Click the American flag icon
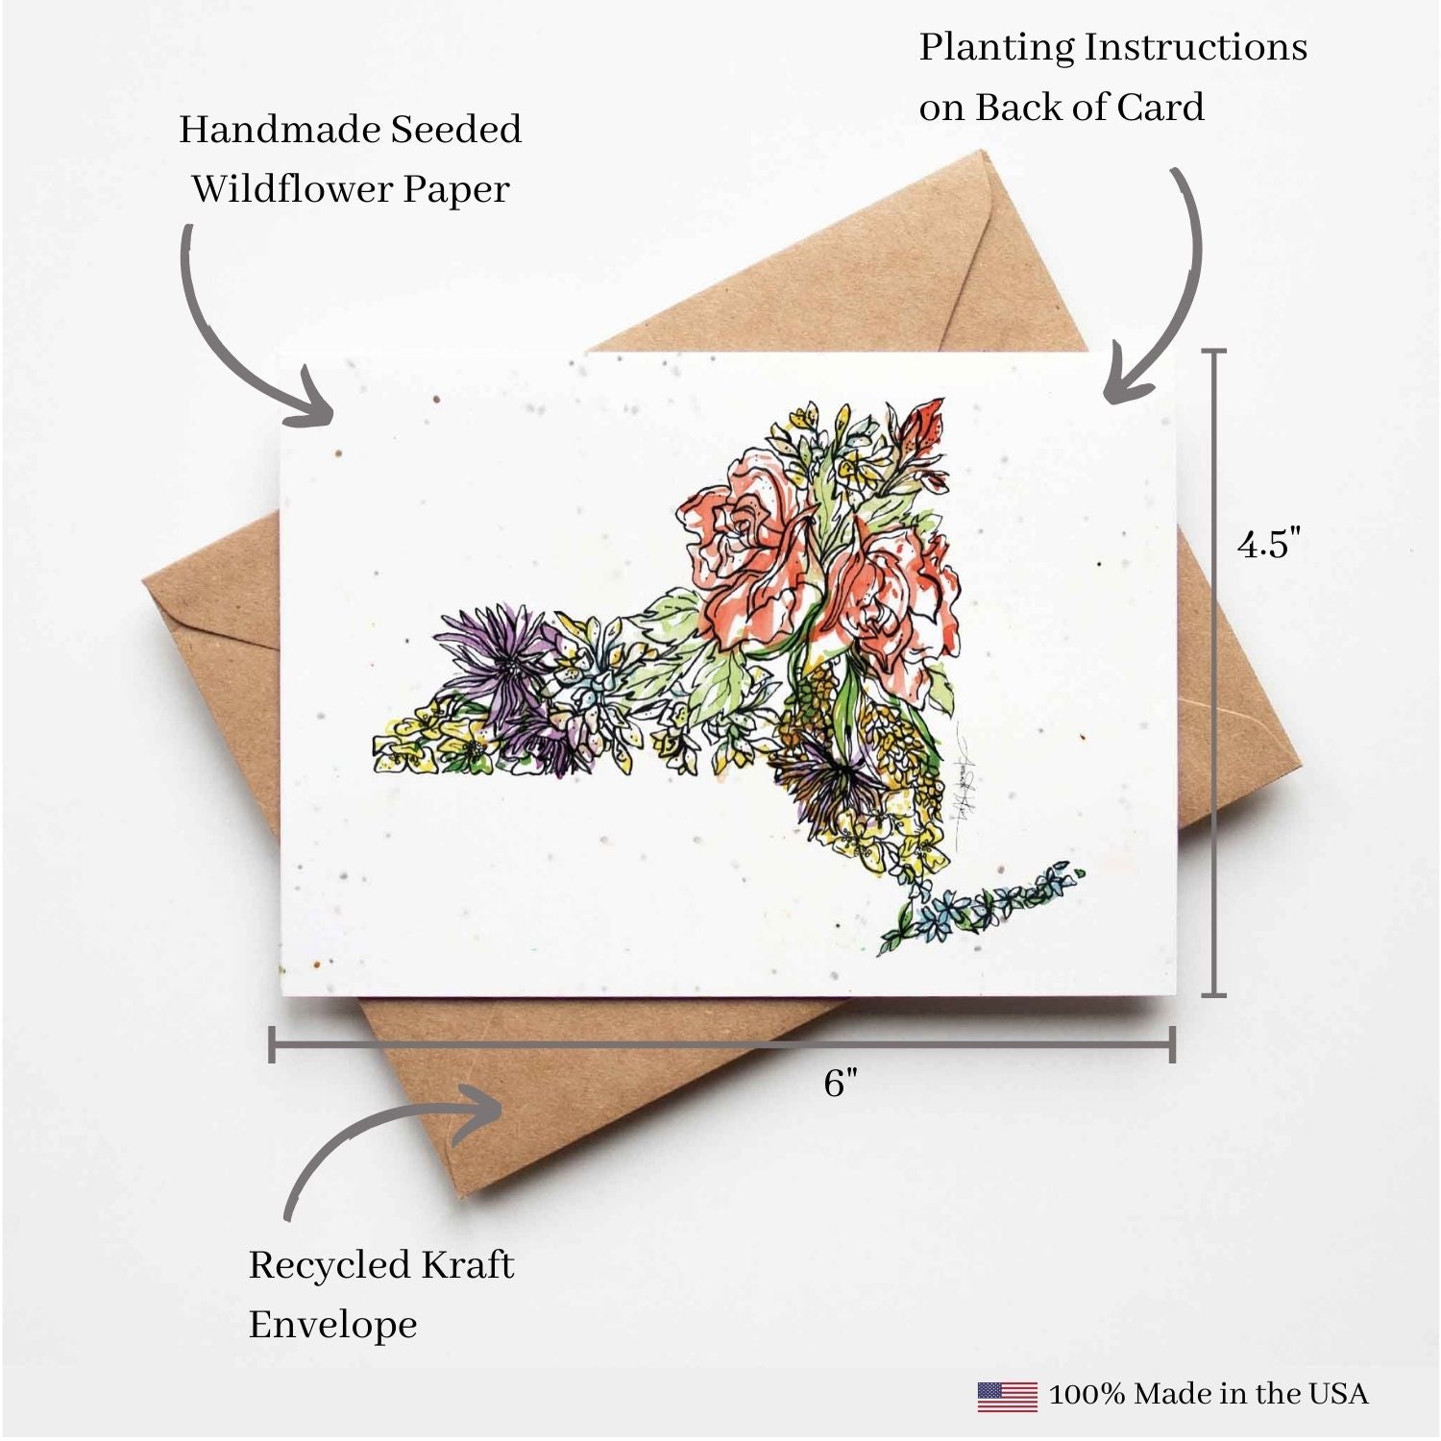tap(1007, 1396)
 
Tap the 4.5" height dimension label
tap(1269, 544)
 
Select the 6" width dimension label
tap(841, 1083)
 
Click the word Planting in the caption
tap(996, 48)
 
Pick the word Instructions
tap(1196, 46)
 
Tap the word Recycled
tap(329, 1265)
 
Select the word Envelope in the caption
tap(332, 1326)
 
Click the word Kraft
tap(469, 1264)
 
